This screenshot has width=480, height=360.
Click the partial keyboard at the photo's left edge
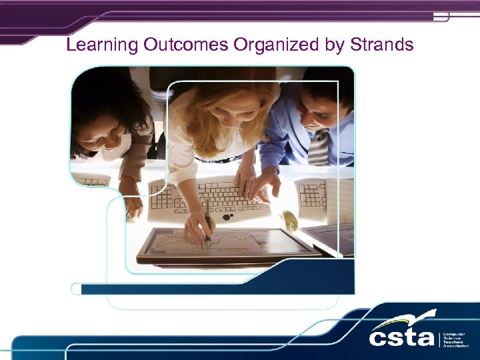[91, 179]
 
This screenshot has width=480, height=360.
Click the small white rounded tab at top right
[441, 17]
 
